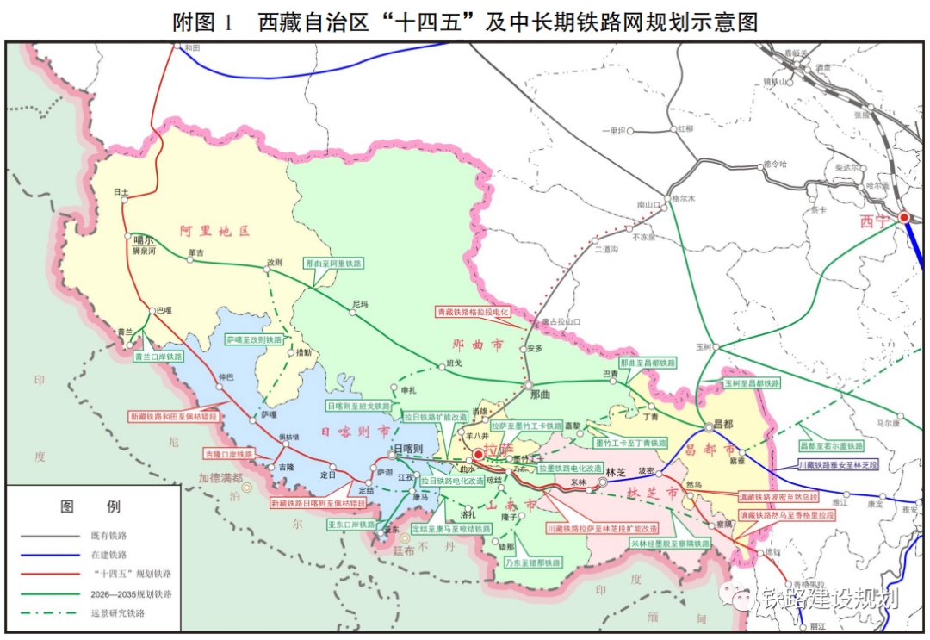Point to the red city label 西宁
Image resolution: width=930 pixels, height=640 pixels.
tap(877, 221)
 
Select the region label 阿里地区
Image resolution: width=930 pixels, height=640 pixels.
tap(214, 231)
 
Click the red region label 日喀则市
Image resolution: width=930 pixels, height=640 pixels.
tap(355, 432)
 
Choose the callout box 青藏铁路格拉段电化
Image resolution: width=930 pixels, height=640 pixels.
tap(474, 313)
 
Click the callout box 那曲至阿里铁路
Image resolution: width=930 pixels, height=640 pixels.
tap(334, 264)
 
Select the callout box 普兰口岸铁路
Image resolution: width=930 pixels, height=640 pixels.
tap(158, 356)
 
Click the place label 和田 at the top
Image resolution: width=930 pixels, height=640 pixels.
tap(190, 48)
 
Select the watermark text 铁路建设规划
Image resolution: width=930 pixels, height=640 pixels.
tap(827, 598)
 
